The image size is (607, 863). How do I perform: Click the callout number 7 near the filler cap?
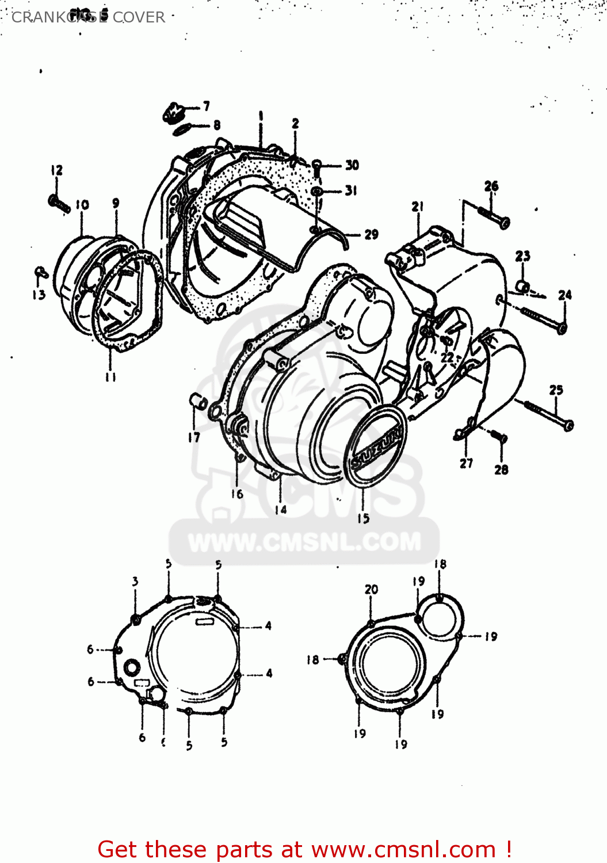(207, 106)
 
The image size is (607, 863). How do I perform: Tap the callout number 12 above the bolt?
(56, 170)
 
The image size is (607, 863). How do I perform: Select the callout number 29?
(371, 234)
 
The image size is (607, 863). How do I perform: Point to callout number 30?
(352, 165)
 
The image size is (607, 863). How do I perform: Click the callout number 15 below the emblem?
(363, 518)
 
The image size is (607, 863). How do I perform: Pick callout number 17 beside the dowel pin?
(194, 437)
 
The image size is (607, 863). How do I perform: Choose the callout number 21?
(418, 207)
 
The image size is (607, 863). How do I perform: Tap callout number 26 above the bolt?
(491, 186)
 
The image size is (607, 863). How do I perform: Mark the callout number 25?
(556, 390)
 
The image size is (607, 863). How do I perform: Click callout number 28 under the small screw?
(501, 469)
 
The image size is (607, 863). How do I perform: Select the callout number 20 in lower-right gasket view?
(371, 589)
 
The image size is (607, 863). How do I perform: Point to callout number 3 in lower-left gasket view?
(135, 581)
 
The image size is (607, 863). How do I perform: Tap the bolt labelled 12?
(59, 203)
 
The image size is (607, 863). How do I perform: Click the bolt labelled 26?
(494, 217)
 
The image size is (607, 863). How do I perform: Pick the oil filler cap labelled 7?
(171, 112)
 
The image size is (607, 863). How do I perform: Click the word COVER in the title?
(139, 17)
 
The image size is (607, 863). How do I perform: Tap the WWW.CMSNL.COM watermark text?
(304, 542)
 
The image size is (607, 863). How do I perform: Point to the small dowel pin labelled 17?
(198, 401)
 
